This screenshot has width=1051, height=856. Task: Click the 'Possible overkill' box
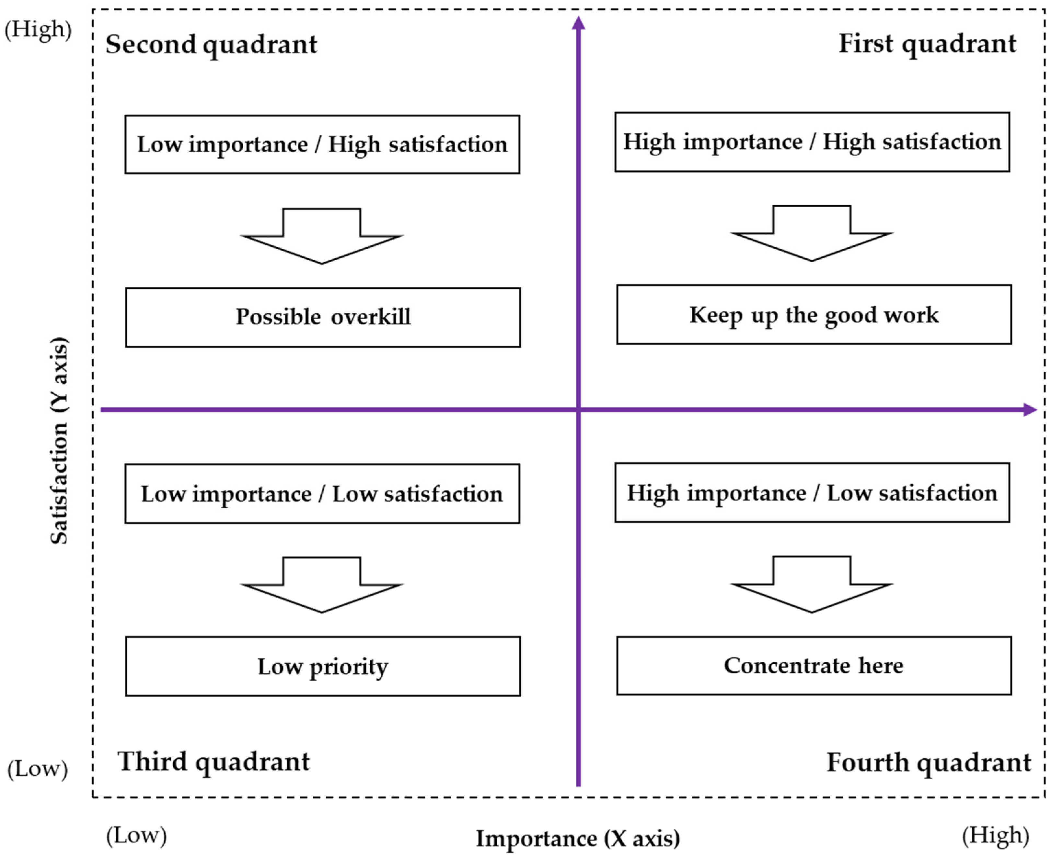point(323,317)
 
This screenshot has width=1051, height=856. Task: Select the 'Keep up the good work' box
point(814,315)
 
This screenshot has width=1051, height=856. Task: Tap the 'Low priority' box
point(323,666)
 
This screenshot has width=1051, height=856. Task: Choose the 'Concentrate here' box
point(814,665)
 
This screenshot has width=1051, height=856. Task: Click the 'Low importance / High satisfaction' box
point(322,144)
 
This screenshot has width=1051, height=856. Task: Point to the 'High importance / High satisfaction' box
point(812,142)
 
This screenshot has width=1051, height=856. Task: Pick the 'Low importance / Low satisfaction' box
point(322,494)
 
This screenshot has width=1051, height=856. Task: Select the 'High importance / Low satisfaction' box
point(812,493)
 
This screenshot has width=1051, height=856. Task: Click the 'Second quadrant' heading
point(211,44)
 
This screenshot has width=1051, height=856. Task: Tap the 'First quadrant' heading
point(927,43)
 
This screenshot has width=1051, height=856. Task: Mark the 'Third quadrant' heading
point(213,761)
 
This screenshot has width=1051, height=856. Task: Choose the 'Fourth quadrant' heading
point(929,762)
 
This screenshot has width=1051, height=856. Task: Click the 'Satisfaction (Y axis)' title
point(59,440)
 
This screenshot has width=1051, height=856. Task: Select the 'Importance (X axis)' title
point(577,838)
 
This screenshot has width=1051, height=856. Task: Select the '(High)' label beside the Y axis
point(38,29)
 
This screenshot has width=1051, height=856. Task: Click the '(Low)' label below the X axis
point(137,835)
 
